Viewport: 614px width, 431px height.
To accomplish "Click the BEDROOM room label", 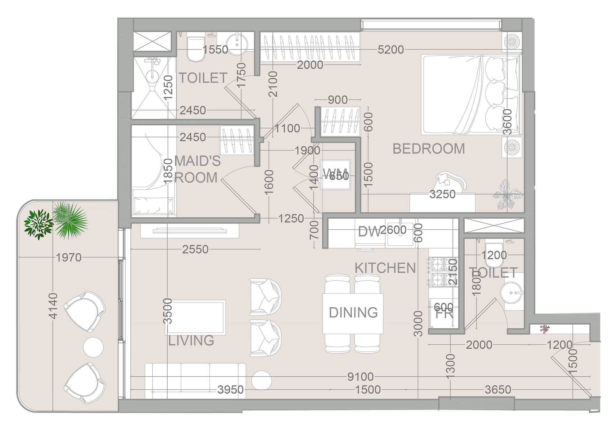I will click(x=429, y=149).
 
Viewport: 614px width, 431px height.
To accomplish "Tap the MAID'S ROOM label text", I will click(x=197, y=169).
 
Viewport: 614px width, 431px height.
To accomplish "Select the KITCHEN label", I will click(x=385, y=268).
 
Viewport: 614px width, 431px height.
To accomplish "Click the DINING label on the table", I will click(x=353, y=312).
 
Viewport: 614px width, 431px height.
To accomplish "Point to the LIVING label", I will click(x=191, y=341).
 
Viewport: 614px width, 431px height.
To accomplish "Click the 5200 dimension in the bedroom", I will click(x=390, y=50).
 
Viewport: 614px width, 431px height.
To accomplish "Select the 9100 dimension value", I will click(x=360, y=377).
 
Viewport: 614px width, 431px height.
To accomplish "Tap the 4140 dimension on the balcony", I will click(x=53, y=306).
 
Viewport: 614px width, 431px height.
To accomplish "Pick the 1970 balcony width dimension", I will click(x=68, y=257).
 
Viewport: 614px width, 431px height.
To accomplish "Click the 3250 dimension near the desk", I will click(x=442, y=194).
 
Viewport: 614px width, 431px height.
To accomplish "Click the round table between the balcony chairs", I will click(x=93, y=347).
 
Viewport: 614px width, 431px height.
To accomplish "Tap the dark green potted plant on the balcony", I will click(x=38, y=224).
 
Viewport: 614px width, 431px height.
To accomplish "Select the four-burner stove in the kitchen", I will click(x=443, y=272).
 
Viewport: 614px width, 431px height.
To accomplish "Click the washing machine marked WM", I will click(x=335, y=175).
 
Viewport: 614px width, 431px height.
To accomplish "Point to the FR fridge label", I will click(x=444, y=314).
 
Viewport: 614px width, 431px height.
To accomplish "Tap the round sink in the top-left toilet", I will click(x=237, y=44).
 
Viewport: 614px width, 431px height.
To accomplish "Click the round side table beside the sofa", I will click(x=261, y=380).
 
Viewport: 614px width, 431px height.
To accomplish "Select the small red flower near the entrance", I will click(x=544, y=329).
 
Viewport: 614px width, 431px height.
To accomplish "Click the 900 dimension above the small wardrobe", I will click(x=338, y=100).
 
